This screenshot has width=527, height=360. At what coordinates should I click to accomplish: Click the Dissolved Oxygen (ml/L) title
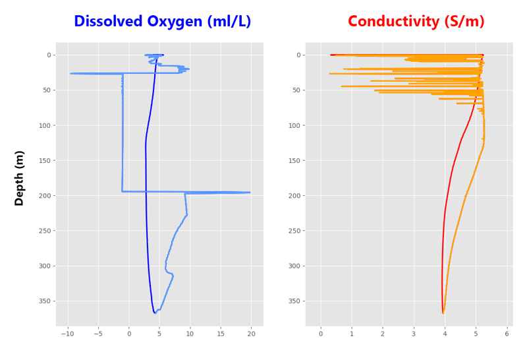[x=162, y=22]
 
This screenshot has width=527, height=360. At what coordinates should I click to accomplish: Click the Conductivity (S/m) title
[x=416, y=22]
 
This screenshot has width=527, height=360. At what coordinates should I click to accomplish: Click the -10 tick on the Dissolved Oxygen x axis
[x=68, y=334]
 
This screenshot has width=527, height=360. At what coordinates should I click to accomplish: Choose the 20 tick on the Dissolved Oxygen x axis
[x=251, y=334]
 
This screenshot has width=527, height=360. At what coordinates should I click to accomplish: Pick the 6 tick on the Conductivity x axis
[x=507, y=334]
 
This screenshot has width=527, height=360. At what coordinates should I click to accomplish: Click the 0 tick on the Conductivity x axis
[x=321, y=334]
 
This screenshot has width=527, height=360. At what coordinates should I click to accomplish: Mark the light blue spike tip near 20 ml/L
[x=250, y=193]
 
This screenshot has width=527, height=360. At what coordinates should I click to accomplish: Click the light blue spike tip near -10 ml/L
[x=71, y=73]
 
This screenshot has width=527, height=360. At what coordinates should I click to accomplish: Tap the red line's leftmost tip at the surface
[x=331, y=55]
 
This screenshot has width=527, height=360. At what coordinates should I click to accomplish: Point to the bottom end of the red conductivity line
[x=443, y=313]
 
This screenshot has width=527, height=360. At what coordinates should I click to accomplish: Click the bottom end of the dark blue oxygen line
[x=155, y=313]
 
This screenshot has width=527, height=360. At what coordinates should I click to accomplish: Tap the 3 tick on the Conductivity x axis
[x=414, y=334]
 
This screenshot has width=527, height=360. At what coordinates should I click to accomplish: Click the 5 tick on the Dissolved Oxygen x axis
[x=159, y=334]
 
